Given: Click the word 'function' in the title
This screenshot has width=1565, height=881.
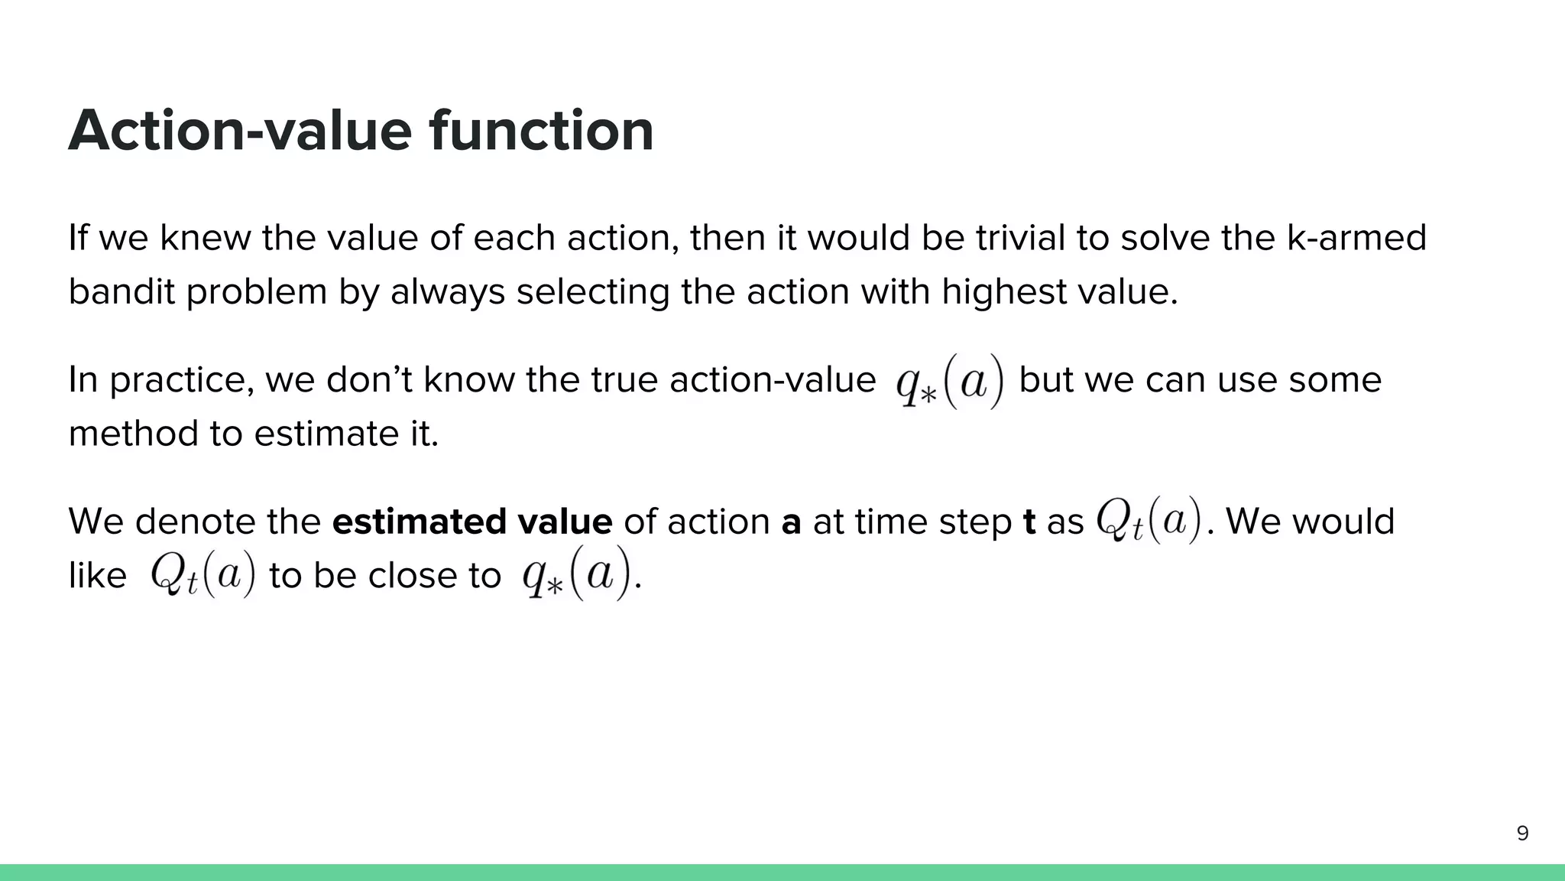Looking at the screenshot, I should click(541, 131).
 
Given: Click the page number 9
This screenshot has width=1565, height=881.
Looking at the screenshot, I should click(1522, 834).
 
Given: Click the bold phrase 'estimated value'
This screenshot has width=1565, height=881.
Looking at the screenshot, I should click(472, 522).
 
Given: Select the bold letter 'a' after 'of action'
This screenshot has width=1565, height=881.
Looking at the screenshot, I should click(792, 522).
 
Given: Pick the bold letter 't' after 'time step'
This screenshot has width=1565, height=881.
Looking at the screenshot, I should click(1029, 522).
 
